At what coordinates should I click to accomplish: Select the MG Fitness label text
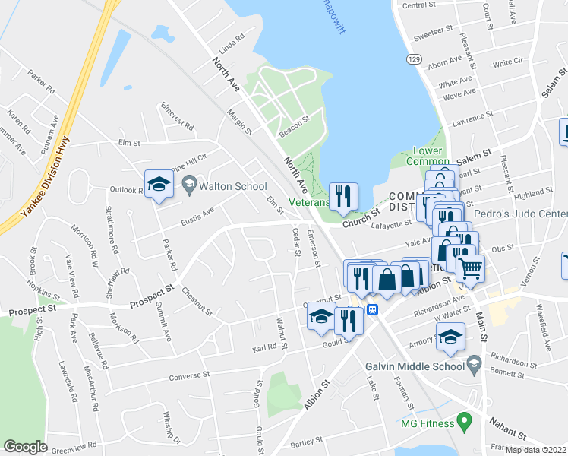point(428,423)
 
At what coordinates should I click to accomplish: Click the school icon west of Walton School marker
point(159,185)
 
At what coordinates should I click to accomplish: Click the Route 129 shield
point(413,59)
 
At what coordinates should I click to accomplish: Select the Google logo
point(25,447)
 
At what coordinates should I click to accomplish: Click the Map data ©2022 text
point(536,450)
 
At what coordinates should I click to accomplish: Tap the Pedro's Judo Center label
point(519,214)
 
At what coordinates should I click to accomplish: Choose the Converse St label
point(189,375)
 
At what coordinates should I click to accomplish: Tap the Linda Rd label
point(231,38)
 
